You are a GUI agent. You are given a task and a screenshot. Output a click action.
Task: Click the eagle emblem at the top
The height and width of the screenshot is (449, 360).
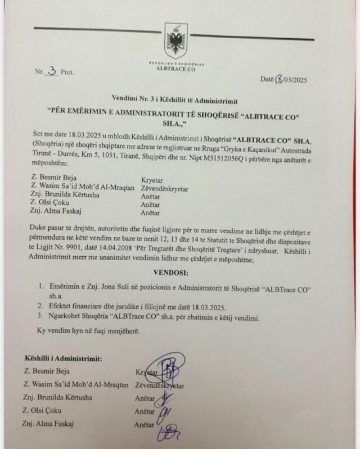[175, 41]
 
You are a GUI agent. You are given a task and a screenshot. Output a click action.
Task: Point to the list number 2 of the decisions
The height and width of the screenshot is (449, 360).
[40, 306]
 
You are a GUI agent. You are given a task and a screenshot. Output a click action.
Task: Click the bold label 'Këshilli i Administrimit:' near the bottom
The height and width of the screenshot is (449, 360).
[67, 358]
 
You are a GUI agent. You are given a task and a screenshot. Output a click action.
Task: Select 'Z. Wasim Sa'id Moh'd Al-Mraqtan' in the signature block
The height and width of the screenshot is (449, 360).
[75, 385]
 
